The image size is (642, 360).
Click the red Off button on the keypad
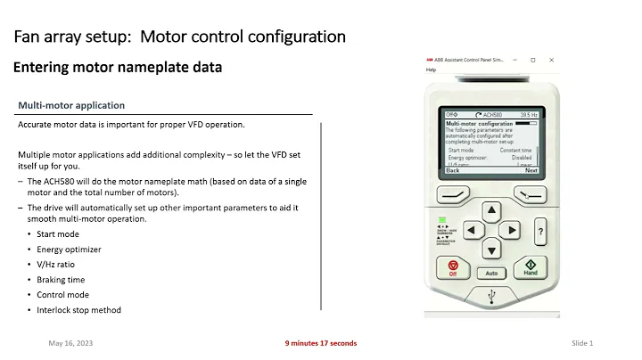452,268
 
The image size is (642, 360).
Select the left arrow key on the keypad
472,230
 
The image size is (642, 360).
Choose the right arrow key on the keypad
511,230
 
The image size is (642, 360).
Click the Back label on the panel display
452,169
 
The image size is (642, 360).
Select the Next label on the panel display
531,169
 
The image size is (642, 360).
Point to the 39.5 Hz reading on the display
530,115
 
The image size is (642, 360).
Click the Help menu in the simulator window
432,70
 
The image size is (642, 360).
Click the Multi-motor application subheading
71,105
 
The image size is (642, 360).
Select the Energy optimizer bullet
69,249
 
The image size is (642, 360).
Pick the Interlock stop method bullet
78,309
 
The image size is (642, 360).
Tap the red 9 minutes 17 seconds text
320,343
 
